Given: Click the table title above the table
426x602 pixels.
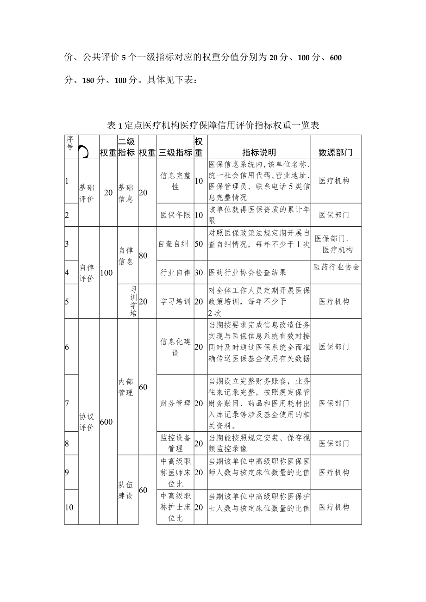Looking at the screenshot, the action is tap(213, 125).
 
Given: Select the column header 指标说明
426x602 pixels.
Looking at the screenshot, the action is tap(259, 153).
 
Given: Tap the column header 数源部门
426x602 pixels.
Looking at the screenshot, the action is tap(336, 153).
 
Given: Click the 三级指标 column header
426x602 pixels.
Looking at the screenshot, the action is tap(175, 153).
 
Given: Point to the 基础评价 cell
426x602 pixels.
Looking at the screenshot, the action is tap(87, 193).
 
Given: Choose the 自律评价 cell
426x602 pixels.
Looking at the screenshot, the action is tap(87, 273).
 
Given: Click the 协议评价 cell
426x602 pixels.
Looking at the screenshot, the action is tap(87, 422).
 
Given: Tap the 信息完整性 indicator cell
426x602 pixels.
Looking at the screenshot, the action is tap(175, 181).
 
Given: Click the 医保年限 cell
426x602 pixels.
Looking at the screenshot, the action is tap(175, 215).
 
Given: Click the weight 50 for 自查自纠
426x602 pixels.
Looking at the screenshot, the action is tap(199, 244).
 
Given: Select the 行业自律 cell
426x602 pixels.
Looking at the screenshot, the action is tap(175, 273).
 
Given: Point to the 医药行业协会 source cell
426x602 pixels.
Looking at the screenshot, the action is tap(336, 267).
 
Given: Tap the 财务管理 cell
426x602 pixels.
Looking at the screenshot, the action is tap(175, 403).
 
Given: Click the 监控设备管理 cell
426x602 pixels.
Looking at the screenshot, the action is tap(175, 443).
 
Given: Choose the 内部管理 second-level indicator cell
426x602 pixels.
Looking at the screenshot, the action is tap(126, 387).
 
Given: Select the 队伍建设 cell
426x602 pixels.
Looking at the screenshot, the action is tap(126, 490).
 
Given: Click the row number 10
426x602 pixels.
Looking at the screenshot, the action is tap(69, 507).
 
